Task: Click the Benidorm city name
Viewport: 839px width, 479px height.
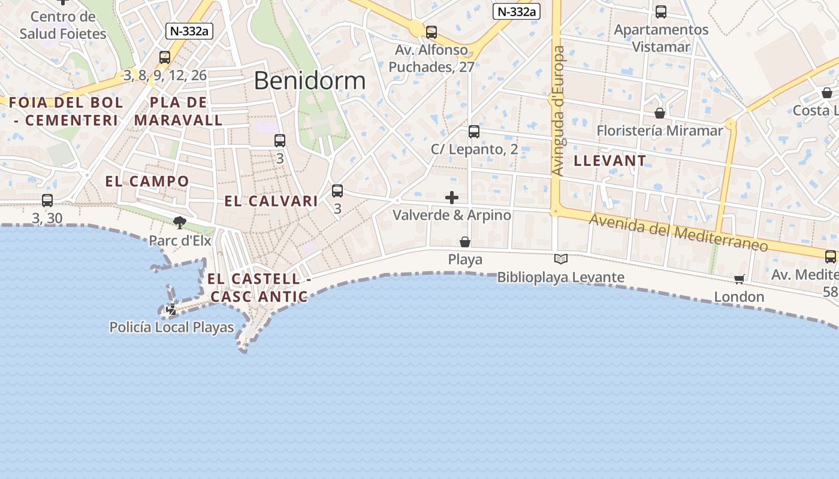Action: click(309, 80)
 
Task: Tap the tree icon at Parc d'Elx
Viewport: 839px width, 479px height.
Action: click(179, 223)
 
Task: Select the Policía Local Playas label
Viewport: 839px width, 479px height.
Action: click(171, 328)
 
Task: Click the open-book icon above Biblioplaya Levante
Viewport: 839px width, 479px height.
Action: click(561, 259)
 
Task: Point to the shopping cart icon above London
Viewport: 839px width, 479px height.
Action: click(740, 279)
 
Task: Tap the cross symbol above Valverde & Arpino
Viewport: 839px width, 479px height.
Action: click(452, 198)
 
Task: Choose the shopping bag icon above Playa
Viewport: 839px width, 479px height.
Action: click(465, 242)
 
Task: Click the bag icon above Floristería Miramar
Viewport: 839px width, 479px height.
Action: click(660, 113)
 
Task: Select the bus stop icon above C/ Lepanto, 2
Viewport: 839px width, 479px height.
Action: click(474, 131)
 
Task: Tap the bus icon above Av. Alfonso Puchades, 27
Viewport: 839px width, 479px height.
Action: click(431, 32)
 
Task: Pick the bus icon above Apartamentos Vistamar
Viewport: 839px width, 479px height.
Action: click(661, 12)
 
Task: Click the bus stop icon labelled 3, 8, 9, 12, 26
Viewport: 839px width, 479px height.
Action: click(165, 57)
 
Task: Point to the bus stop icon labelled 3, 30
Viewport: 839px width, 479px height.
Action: click(47, 201)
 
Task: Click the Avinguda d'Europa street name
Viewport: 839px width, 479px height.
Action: click(558, 111)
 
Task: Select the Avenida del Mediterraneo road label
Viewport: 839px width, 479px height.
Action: click(678, 232)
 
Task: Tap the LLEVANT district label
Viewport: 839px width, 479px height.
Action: click(610, 160)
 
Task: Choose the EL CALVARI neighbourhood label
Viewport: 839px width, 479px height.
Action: click(271, 201)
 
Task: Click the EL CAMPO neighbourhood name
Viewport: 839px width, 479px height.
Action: click(147, 181)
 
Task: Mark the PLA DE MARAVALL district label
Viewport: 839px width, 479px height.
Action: click(179, 111)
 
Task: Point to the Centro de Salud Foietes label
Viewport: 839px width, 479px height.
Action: click(63, 25)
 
